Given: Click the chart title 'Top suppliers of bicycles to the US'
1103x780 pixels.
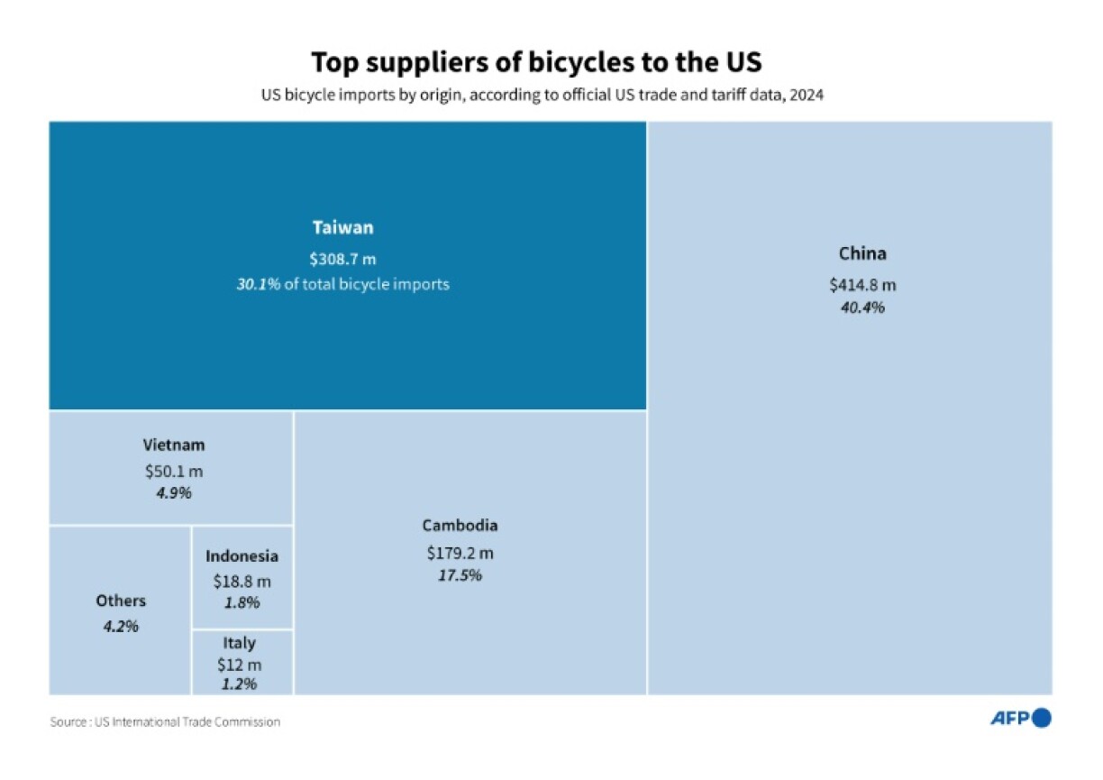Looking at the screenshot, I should coord(536,62).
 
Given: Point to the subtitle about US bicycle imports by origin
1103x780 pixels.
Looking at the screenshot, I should coord(542,93).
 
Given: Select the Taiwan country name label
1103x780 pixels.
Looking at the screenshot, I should coord(342,227).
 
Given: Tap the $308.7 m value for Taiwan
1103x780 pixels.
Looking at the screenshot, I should coord(342,258).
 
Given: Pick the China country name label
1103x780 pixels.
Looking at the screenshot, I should coord(862,253).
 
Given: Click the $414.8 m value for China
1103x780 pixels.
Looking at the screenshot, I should coord(862,285).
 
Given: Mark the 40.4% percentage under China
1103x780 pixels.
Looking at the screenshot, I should coord(862,307).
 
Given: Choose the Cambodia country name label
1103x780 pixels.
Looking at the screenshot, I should coord(460,525).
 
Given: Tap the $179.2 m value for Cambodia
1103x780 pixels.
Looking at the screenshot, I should coord(460,552).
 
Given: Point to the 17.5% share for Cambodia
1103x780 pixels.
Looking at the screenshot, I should coord(460,575).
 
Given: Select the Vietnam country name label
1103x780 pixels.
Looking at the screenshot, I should coord(174,445).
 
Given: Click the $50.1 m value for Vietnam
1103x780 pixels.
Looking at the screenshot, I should coord(174,471).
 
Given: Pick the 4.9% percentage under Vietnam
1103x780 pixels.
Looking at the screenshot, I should coord(174,493).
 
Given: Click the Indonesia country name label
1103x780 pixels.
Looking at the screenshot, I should coord(242,556).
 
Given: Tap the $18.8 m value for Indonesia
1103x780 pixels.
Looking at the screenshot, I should coord(242,582).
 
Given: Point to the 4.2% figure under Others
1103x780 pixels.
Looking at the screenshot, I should coord(121,626).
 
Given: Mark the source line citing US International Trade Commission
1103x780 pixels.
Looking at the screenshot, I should coord(165,722).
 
